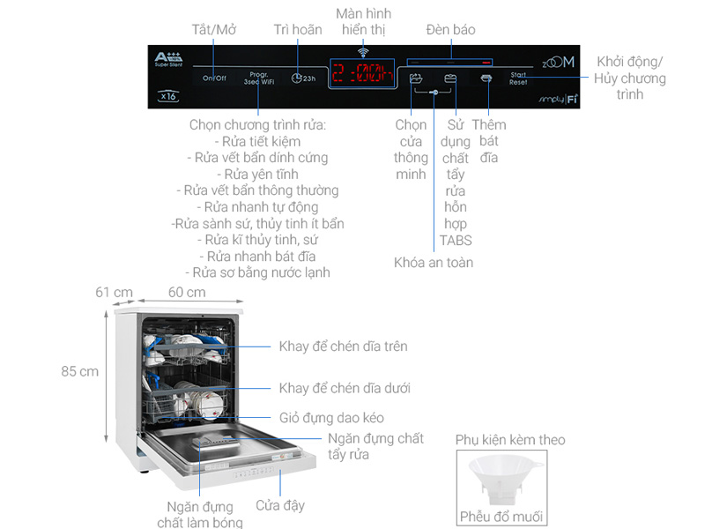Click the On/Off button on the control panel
pos(214,78)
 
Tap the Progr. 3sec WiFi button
pos(258,78)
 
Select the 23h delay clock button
pos(302,78)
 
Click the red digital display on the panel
pos(362,74)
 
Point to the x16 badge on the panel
pos(169,95)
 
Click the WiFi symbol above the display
pos(362,53)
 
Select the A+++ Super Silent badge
pos(167,60)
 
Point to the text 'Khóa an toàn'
pos(433,263)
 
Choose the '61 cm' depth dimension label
pos(115,293)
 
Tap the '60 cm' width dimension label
pos(187,293)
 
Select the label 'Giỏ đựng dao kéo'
pos(331,417)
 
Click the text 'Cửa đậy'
pos(280,505)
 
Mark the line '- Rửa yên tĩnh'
pos(258,174)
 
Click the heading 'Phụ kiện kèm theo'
pos(510,439)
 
